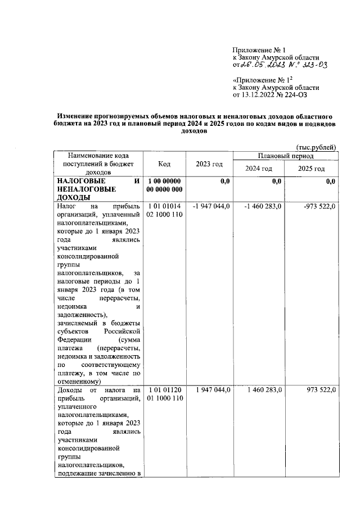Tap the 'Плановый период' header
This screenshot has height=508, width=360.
tap(286, 156)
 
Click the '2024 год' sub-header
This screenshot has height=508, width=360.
tap(259, 169)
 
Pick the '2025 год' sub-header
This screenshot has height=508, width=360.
tap(312, 169)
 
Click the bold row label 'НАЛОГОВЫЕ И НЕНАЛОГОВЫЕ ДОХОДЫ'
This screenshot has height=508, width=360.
tap(98, 189)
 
